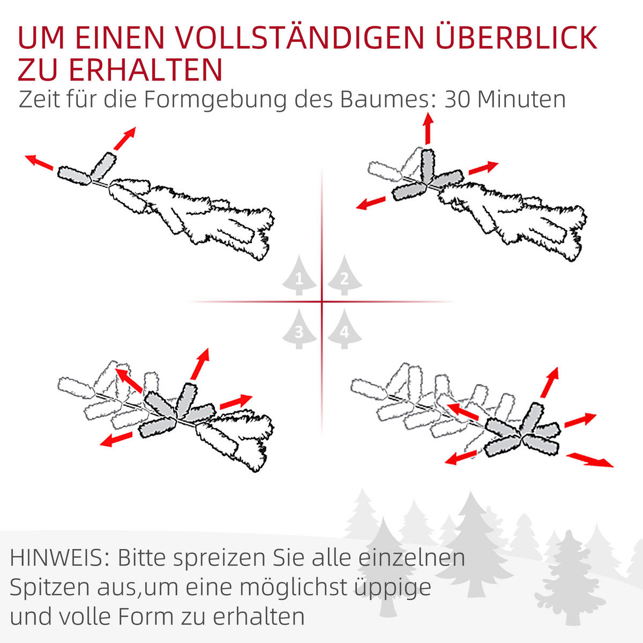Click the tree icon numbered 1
click(299, 276)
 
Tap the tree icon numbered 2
click(345, 276)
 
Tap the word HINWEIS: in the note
click(59, 558)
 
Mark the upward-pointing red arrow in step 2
click(428, 129)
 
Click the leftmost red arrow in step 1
click(39, 161)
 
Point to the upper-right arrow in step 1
click(124, 139)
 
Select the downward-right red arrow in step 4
click(589, 460)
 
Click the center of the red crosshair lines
click(322, 302)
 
